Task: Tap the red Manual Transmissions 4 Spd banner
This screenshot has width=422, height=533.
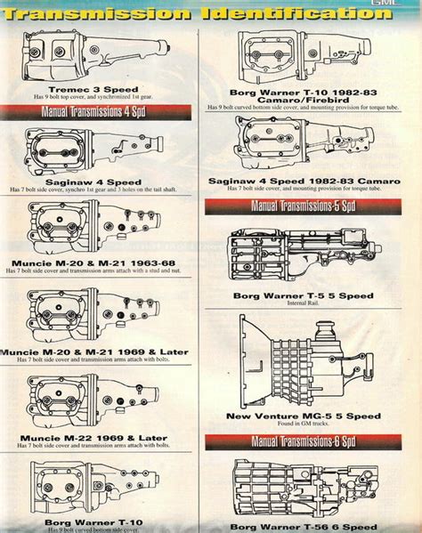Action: coord(98,112)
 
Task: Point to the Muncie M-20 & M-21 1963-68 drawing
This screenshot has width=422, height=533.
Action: coord(98,230)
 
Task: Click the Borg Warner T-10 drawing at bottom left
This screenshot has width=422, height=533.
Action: coord(98,486)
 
